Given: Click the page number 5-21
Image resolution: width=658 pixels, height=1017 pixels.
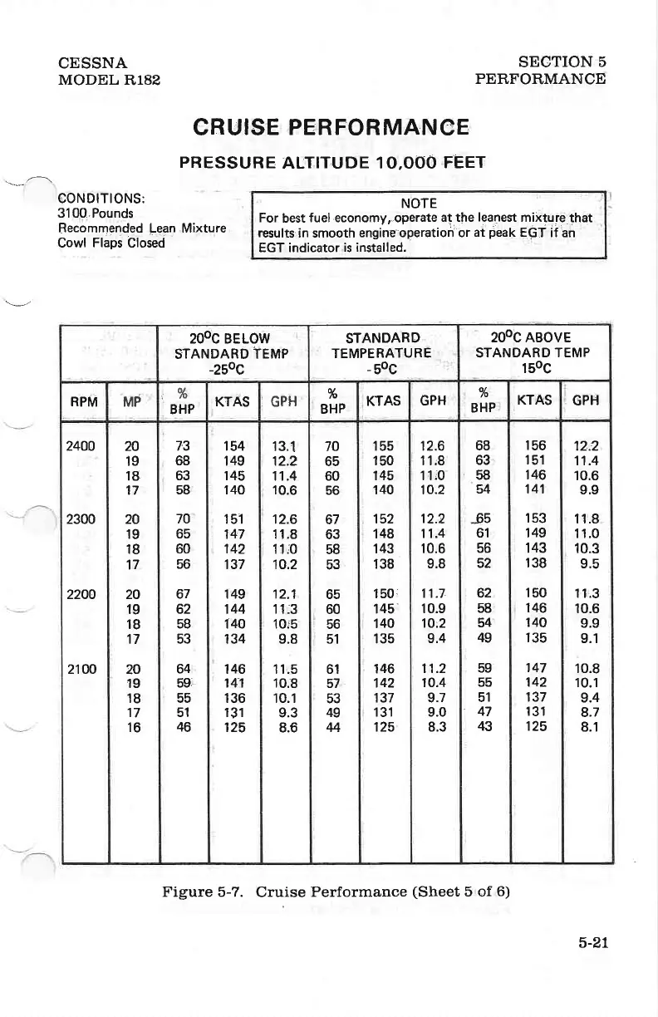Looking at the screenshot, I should click(x=593, y=942).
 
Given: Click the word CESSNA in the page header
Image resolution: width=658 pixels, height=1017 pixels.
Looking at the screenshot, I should click(x=93, y=63).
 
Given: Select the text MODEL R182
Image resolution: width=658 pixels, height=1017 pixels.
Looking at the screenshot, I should click(x=109, y=80).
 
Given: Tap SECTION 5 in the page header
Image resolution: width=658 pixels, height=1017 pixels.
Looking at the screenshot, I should click(x=562, y=63).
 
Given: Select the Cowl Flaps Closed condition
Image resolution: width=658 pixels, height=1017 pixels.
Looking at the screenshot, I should click(x=110, y=243).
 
